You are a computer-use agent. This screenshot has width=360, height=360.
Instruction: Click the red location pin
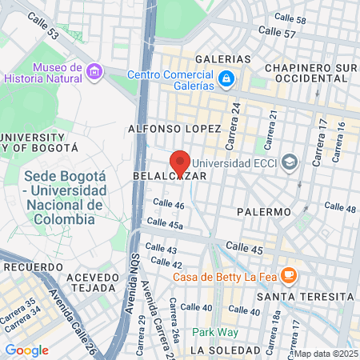(180, 162)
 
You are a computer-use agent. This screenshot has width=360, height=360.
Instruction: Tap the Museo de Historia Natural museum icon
(95, 73)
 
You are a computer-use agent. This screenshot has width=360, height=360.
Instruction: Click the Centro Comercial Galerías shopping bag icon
(227, 78)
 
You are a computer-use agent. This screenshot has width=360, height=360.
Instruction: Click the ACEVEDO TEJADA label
(93, 282)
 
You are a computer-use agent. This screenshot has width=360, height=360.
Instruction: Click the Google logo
(26, 350)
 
